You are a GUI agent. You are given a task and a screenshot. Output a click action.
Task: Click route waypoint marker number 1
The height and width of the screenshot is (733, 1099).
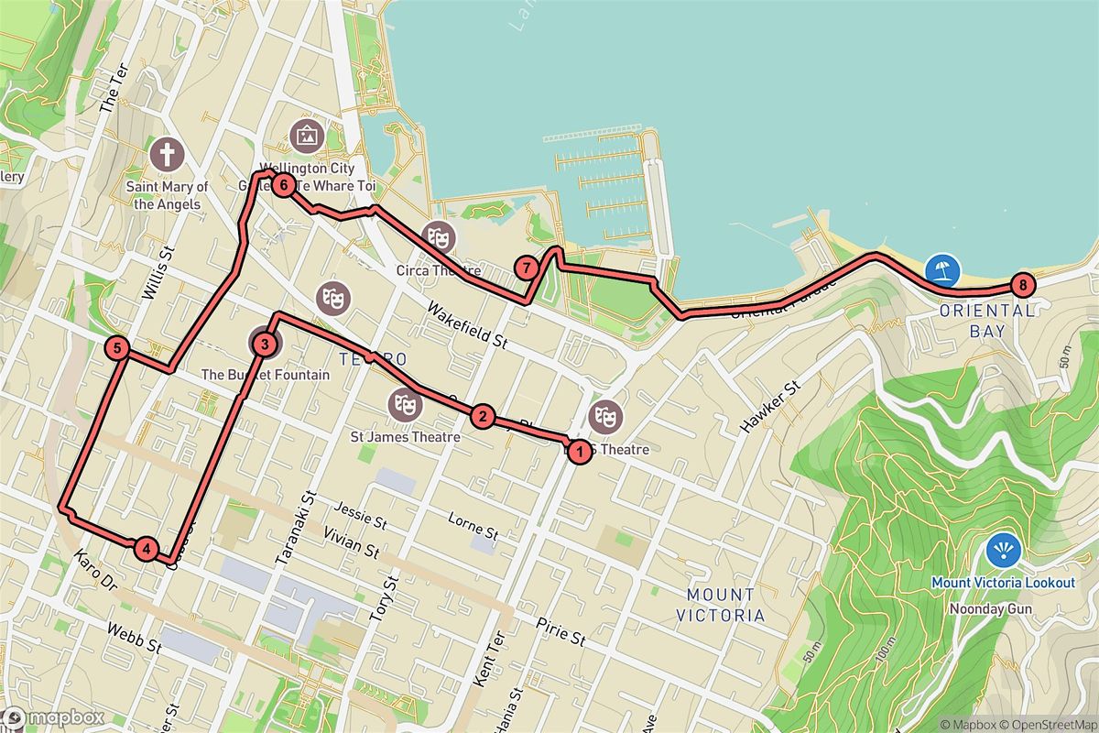pyautogui.click(x=578, y=451)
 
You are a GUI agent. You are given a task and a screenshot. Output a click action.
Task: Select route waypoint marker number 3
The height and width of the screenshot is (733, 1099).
pyautogui.click(x=264, y=345)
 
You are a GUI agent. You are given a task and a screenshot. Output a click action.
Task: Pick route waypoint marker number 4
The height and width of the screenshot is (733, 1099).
pyautogui.click(x=146, y=549)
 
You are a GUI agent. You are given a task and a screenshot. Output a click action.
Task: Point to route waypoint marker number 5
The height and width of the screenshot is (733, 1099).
pyautogui.click(x=117, y=348)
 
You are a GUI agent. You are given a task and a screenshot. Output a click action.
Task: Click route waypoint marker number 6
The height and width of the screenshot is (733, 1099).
pyautogui.click(x=284, y=186)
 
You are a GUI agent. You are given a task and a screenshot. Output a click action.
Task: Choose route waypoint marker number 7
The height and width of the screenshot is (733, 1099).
pyautogui.click(x=527, y=268)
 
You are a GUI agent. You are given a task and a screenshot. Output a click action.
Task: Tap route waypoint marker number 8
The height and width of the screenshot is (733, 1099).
pyautogui.click(x=1022, y=285)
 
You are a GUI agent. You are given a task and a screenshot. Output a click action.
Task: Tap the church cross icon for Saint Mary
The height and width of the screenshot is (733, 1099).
pyautogui.click(x=167, y=154)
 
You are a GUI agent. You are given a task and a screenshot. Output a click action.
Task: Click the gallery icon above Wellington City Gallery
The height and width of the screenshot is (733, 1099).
pyautogui.click(x=305, y=137)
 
